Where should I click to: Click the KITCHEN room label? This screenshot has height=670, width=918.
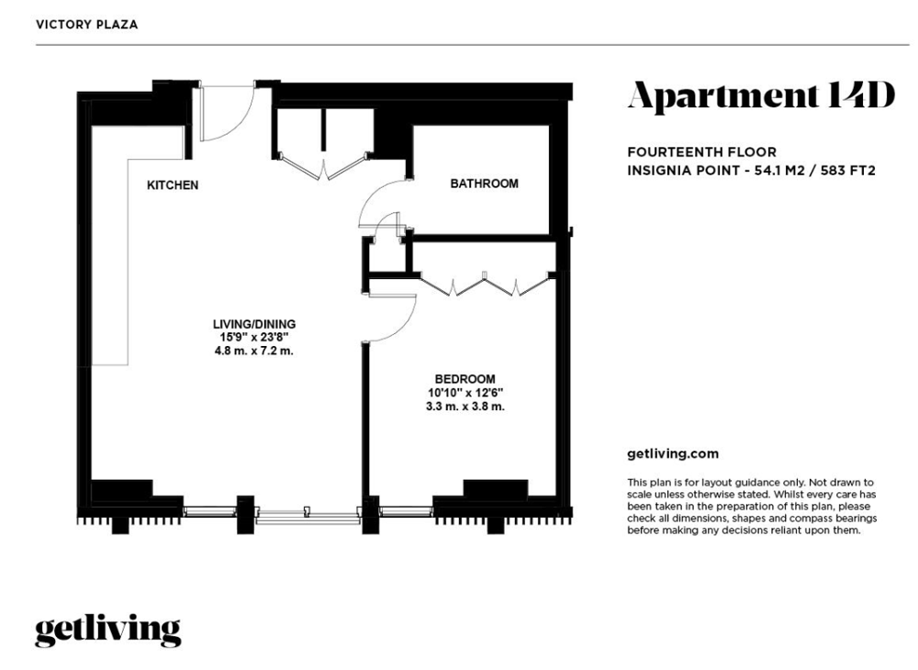tap(173, 184)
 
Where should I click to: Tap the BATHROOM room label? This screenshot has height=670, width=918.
tap(484, 184)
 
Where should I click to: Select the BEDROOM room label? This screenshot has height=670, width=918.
tap(465, 378)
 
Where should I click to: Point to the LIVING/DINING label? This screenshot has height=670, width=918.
tap(254, 324)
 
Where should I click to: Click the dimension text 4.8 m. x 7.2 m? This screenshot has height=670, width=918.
tap(254, 352)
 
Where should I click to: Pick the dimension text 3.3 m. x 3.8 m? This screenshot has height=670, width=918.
tap(465, 406)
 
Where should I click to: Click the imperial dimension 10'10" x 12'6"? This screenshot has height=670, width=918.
tap(465, 393)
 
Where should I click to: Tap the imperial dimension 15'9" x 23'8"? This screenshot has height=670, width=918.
tap(254, 338)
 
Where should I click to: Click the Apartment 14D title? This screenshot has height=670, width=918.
tap(761, 96)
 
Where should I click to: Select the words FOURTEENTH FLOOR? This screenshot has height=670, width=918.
tap(702, 152)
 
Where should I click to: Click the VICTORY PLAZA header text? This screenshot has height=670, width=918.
tap(86, 25)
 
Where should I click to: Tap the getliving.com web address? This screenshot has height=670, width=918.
tap(673, 453)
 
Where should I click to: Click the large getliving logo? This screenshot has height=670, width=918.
tap(107, 631)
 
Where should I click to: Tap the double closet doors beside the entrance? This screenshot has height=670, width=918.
tap(324, 166)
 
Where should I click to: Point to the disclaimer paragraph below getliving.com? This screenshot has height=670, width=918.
tap(752, 507)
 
